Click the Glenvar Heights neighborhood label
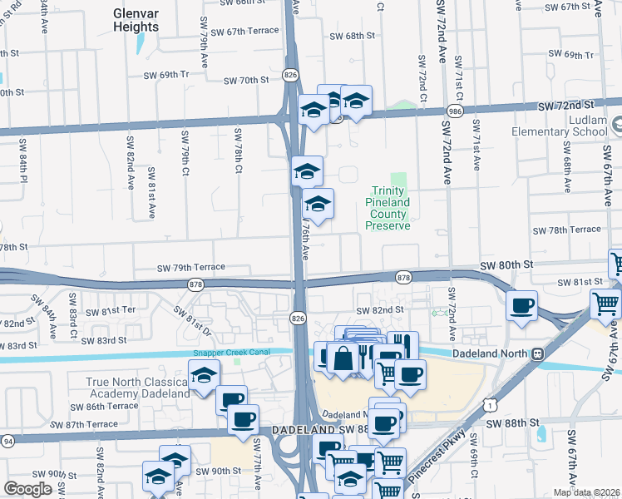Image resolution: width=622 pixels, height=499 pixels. [x=136, y=21]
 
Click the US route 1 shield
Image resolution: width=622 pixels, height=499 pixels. [x=493, y=404]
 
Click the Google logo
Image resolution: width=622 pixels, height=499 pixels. [x=27, y=489]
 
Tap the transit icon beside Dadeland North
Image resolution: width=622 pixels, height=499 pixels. [x=538, y=353]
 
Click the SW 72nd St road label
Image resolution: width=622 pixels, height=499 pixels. [x=565, y=106]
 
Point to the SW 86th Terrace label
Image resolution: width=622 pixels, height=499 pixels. [x=104, y=406]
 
